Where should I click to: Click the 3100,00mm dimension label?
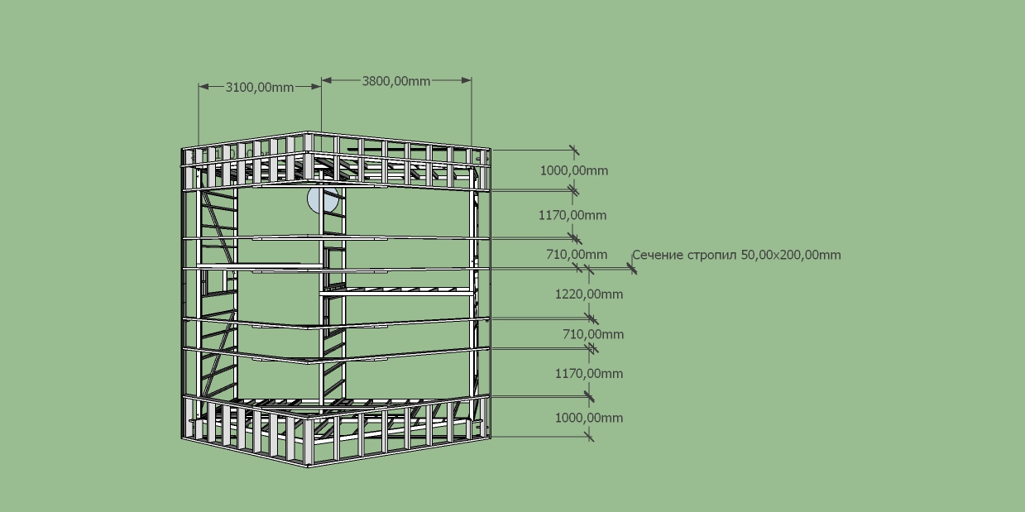click(260, 87)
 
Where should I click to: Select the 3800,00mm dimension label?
click(395, 81)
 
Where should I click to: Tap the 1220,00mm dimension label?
click(589, 294)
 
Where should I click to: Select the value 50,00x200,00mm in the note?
click(791, 255)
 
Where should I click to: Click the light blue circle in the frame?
click(323, 199)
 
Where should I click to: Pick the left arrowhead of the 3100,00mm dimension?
click(204, 87)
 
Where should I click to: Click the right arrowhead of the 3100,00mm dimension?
click(316, 87)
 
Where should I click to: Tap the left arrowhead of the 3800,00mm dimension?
click(327, 80)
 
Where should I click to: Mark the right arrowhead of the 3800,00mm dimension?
click(467, 80)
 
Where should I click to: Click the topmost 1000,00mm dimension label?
click(574, 170)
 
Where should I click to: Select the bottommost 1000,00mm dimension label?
click(589, 418)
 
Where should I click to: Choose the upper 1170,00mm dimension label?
click(572, 215)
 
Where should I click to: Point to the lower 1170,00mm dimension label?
click(589, 374)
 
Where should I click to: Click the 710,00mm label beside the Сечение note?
click(577, 255)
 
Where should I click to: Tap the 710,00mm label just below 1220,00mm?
click(593, 334)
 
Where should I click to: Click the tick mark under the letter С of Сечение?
click(632, 269)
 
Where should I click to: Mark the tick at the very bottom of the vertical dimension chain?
click(589, 437)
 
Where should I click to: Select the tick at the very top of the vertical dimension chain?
click(574, 150)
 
